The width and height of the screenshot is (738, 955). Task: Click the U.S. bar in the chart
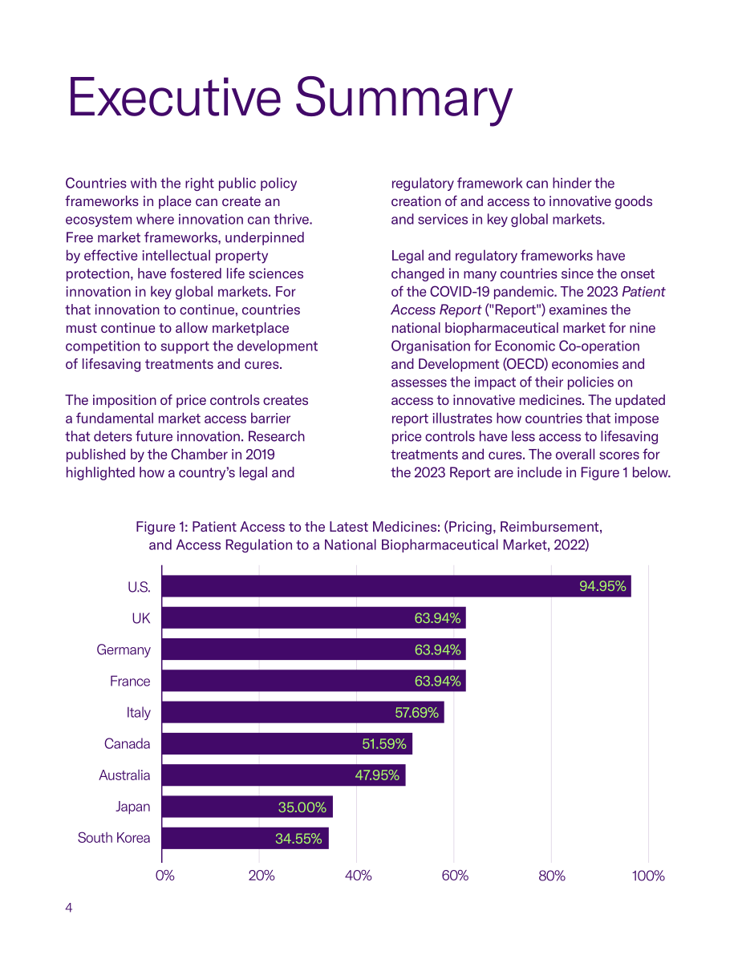(396, 586)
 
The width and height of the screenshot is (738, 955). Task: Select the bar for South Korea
(245, 838)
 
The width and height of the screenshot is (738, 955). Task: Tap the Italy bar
(303, 712)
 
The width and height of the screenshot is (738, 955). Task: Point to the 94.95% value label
(602, 586)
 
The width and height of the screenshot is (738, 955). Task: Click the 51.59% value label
(384, 743)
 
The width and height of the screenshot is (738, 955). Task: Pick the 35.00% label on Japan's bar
(302, 807)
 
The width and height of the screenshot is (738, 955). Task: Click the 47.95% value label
(377, 775)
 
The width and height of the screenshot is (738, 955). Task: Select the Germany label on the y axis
(123, 649)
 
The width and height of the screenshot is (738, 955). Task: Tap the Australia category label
(124, 775)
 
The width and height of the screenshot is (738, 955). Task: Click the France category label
(130, 681)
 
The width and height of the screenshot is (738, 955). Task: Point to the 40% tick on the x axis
(358, 876)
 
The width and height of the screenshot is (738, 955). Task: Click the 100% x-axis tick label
(648, 876)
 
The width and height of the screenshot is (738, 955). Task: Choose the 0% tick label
(164, 876)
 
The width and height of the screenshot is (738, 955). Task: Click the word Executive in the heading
(174, 98)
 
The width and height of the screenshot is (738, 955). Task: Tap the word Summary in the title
(404, 100)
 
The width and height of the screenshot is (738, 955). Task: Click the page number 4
(69, 908)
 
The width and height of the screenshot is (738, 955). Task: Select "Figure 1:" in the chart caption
(161, 528)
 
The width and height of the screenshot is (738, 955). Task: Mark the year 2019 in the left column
(260, 455)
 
